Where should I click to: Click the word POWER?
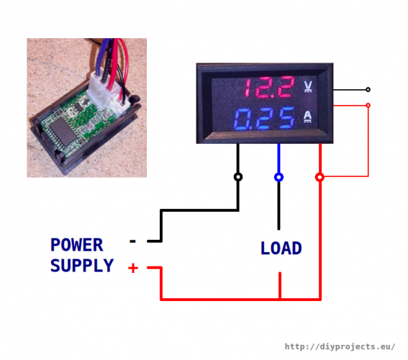pyautogui.click(x=76, y=245)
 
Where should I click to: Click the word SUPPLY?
pyautogui.click(x=81, y=266)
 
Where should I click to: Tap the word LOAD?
pyautogui.click(x=281, y=248)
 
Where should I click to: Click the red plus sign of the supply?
pyautogui.click(x=133, y=269)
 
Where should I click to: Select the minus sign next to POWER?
pyautogui.click(x=132, y=241)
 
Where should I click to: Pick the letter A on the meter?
pyautogui.click(x=308, y=116)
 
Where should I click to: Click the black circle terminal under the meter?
pyautogui.click(x=238, y=176)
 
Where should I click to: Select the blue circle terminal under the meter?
pyautogui.click(x=279, y=176)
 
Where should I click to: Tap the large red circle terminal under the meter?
pyautogui.click(x=320, y=176)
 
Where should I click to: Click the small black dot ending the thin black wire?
pyautogui.click(x=368, y=90)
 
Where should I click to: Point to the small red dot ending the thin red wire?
pyautogui.click(x=368, y=105)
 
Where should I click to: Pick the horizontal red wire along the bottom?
pyautogui.click(x=237, y=298)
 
